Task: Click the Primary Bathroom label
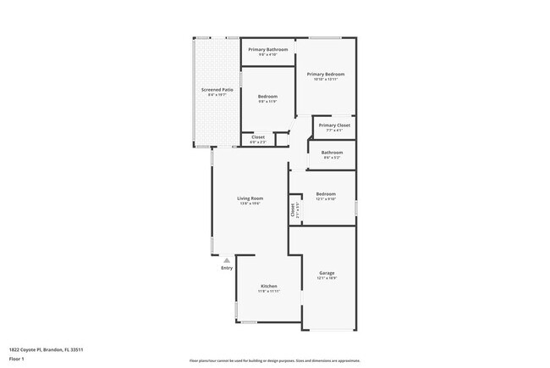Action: coord(268,50)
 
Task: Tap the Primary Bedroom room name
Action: coord(325,74)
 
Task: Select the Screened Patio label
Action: coord(217,89)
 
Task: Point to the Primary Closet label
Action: coord(333,125)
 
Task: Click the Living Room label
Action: coord(250,198)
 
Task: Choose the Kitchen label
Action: coord(268,286)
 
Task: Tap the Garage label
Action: coord(327,273)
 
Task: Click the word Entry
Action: coord(227,268)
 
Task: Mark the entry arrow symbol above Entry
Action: coord(227,260)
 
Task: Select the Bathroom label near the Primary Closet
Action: coord(332,152)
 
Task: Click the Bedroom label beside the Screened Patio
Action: coord(267,97)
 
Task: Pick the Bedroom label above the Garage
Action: coord(326,193)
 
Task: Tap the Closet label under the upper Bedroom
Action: coord(258,137)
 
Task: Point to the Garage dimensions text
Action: coord(327,278)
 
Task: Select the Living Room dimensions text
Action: coord(250,204)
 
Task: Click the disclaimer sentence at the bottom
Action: coord(274,360)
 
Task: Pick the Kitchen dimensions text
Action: coord(268,291)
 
